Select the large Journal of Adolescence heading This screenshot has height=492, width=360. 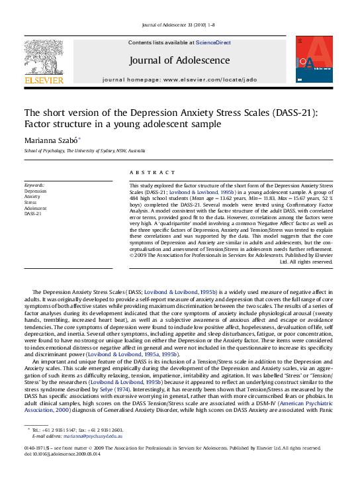(x=179, y=61)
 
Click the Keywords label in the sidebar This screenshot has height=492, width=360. (x=34, y=184)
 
